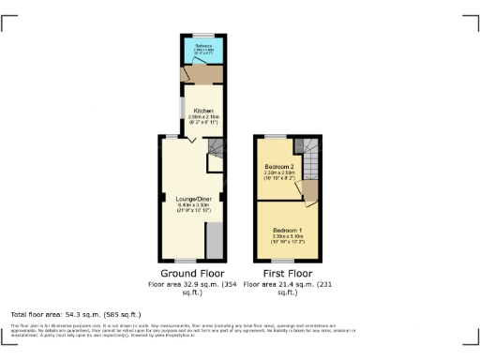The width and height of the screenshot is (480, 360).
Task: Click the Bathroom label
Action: (202, 46)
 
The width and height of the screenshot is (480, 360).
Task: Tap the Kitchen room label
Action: (203, 111)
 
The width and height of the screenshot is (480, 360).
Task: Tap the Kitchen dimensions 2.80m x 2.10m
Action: (203, 117)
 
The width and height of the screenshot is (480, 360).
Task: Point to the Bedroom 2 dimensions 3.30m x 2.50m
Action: (280, 172)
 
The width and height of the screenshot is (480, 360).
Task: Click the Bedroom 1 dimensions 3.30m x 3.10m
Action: (287, 236)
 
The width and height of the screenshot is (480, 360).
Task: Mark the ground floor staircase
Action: (217, 148)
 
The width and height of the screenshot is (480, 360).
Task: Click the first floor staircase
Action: (307, 148)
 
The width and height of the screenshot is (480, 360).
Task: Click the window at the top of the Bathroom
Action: (202, 36)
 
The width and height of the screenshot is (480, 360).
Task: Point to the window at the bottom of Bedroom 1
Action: (280, 261)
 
